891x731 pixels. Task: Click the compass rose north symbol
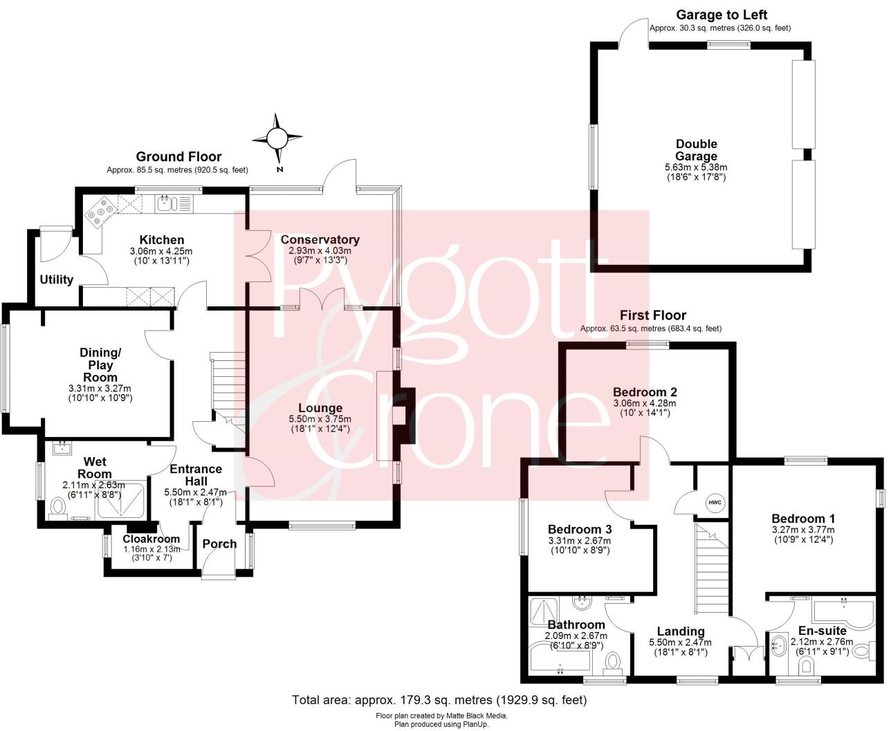pyautogui.click(x=277, y=140)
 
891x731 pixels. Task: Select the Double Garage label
pyautogui.click(x=696, y=150)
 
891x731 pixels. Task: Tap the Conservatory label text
pyautogui.click(x=320, y=239)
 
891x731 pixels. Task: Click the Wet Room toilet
pyautogui.click(x=59, y=510)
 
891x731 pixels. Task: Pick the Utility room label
pyautogui.click(x=56, y=279)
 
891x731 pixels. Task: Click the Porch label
pyautogui.click(x=219, y=544)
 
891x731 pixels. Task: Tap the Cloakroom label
pyautogui.click(x=151, y=539)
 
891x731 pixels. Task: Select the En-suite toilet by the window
pyautogui.click(x=807, y=666)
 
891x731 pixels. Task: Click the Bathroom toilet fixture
pyautogui.click(x=612, y=663)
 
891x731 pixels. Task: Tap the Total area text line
pyautogui.click(x=439, y=700)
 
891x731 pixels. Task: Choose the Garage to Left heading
pyautogui.click(x=721, y=15)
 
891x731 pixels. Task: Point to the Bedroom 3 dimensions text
pyautogui.click(x=579, y=546)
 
